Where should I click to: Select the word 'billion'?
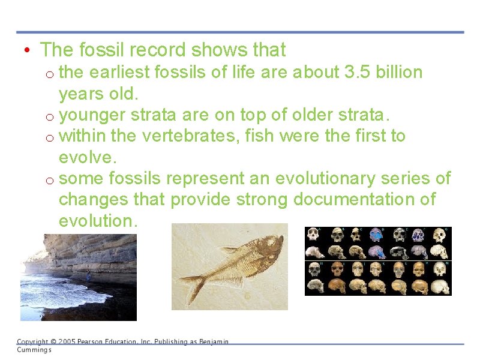[x=400, y=73]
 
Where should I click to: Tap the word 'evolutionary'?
[x=325, y=178]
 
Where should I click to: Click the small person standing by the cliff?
[x=88, y=275]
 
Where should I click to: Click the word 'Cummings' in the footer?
[x=34, y=350]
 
